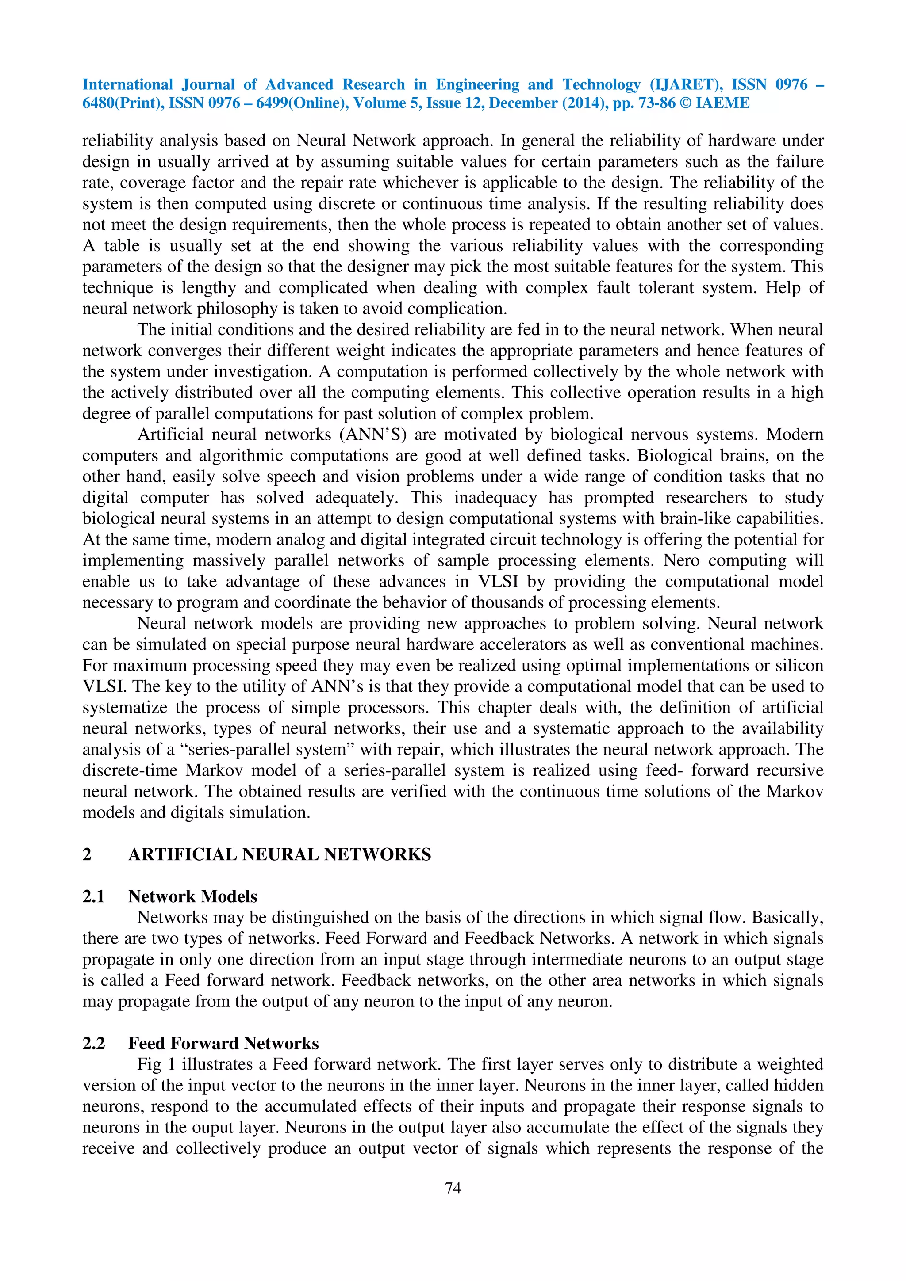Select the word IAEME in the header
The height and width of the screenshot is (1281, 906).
tap(722, 103)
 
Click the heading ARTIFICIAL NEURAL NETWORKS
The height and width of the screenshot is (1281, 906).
tap(280, 855)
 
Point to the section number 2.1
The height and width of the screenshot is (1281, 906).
tap(94, 896)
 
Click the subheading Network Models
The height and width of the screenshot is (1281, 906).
tap(192, 896)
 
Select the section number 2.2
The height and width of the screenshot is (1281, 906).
tap(94, 1043)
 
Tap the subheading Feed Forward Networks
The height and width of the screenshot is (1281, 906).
tap(223, 1043)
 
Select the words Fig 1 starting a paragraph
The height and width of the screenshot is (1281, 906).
tap(156, 1064)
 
